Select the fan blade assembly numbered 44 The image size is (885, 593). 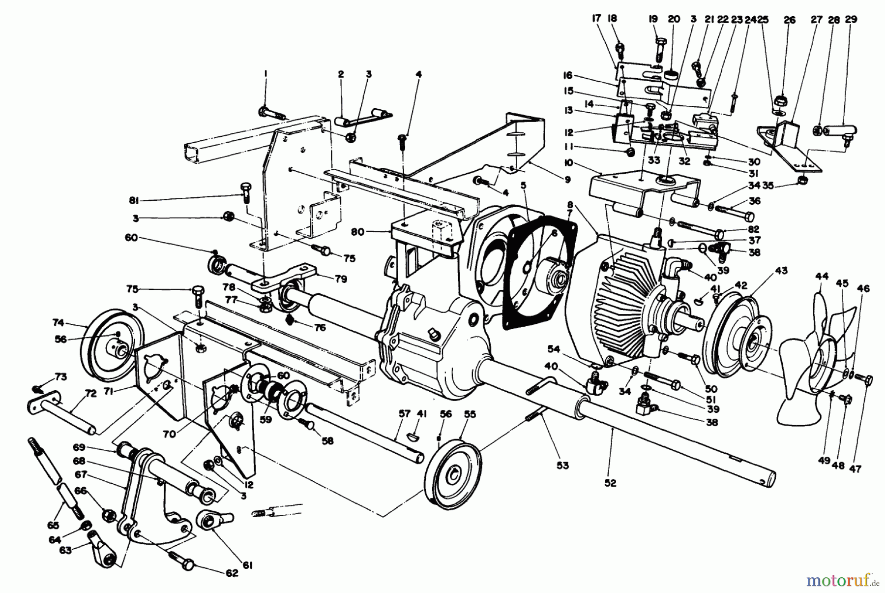pos(806,364)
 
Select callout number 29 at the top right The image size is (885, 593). pos(851,20)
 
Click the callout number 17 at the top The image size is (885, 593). pos(596,20)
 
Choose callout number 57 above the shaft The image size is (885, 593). pos(404,414)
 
